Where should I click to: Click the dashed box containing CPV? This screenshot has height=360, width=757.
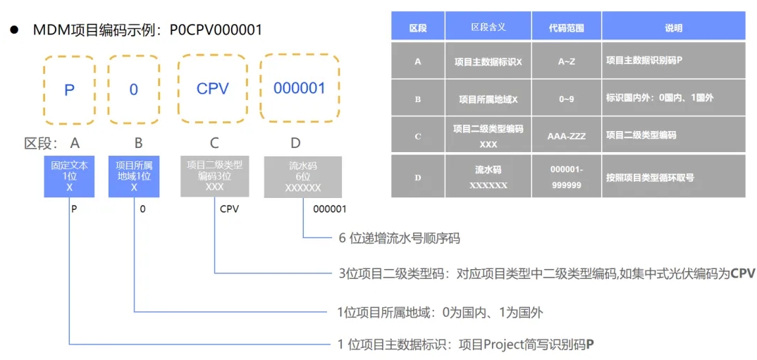pos(212,89)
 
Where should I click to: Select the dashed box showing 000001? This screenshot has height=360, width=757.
pos(300,89)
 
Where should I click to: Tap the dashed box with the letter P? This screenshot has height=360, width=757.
pos(69,89)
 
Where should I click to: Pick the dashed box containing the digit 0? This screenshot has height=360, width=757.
pos(134,89)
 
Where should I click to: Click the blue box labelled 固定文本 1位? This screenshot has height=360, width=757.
pos(69,176)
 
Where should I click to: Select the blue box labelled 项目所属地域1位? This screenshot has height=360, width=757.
pos(134,176)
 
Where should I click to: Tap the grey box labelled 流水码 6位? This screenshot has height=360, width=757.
pos(303,176)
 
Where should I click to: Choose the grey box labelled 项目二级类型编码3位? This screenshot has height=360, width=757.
pos(214,176)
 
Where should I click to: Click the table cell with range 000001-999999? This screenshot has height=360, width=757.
pos(566,177)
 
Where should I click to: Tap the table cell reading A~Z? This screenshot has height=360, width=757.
pos(566,61)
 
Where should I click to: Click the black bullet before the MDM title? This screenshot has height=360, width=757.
pos(13,30)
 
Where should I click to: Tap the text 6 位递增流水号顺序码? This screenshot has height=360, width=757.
pos(399,238)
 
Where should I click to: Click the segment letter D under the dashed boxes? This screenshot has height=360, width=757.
pos(295,143)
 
